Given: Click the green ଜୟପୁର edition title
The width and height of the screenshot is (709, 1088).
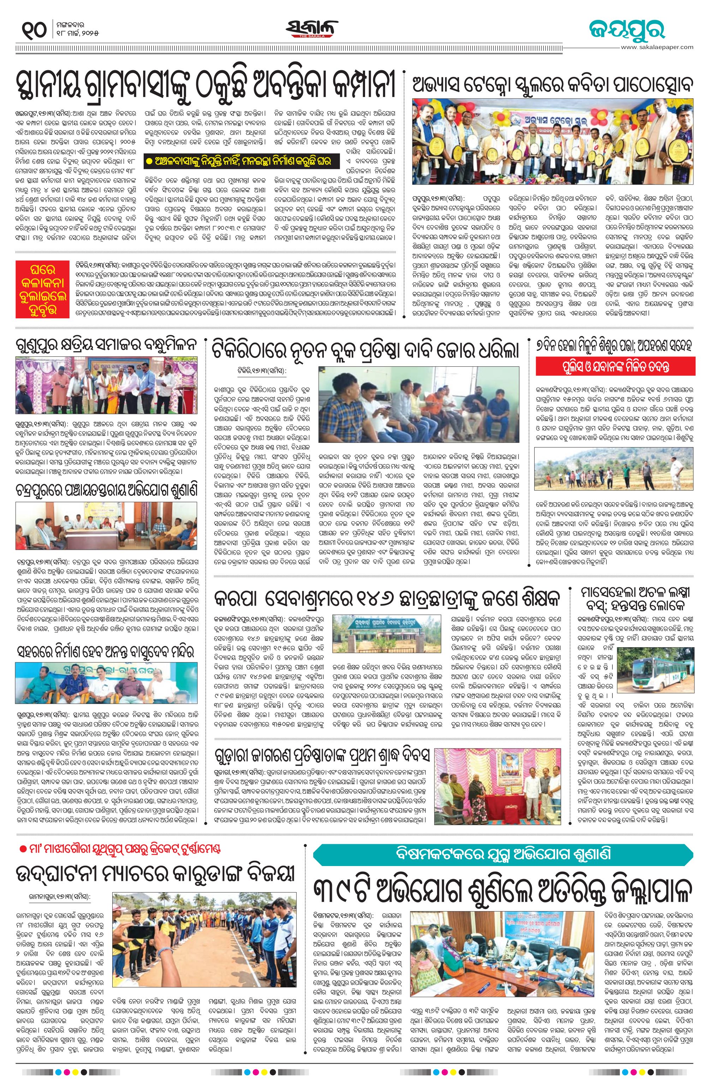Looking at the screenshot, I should pos(626,30).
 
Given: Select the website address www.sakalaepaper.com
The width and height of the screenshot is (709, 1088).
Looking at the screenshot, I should pos(656,47).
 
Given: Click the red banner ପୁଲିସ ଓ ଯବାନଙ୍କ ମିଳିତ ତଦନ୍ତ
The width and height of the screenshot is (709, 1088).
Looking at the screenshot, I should pos(615,367).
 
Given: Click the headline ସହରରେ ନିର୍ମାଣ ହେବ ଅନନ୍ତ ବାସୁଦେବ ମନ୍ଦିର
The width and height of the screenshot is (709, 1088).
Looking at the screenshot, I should pos(106,651).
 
